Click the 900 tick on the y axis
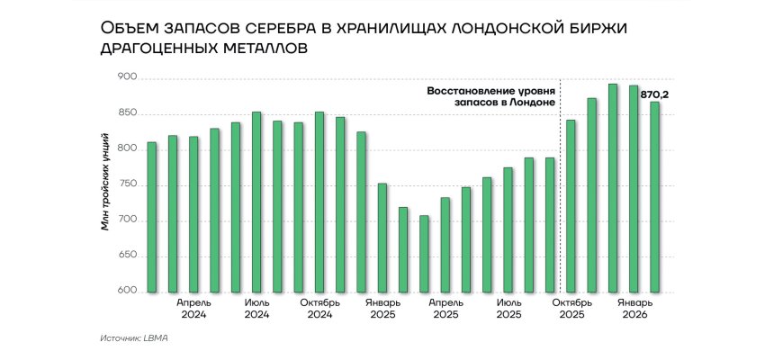[x=127, y=78]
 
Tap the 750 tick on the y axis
[x=127, y=185]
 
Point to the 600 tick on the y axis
[x=127, y=292]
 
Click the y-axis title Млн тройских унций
[x=106, y=181]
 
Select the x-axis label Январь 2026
[x=634, y=309]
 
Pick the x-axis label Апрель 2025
[x=445, y=309]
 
